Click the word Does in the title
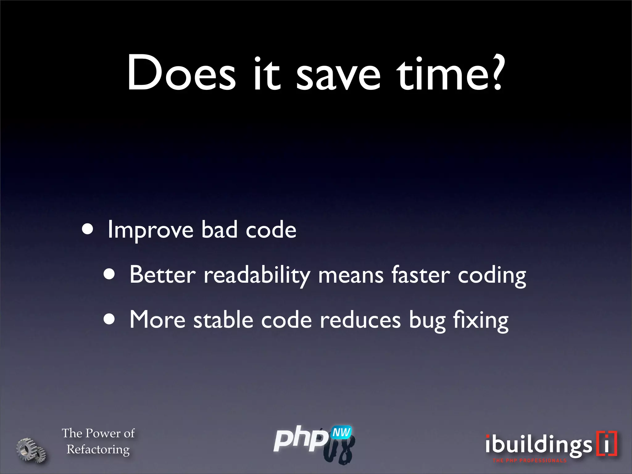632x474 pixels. (181, 73)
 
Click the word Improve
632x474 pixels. (151, 230)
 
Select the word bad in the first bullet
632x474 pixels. (219, 230)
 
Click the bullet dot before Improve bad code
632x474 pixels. (88, 229)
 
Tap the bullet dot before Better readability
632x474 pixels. (109, 274)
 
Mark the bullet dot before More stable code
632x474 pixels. (109, 319)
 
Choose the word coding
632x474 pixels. (492, 276)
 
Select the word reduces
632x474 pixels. (360, 320)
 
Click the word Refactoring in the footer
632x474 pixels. (98, 450)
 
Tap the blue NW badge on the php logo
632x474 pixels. (341, 432)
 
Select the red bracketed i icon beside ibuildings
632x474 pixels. (606, 443)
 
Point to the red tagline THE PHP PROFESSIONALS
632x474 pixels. (530, 460)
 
